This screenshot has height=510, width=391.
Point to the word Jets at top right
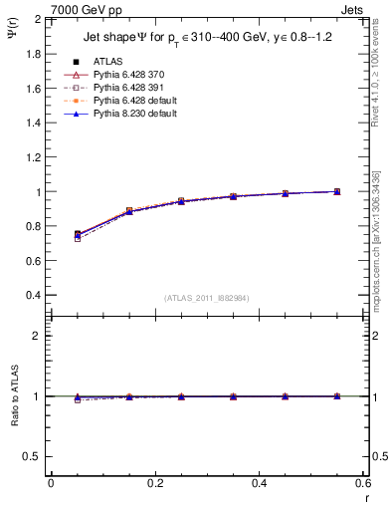point(355,8)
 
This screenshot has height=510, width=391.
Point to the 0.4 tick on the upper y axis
point(33,296)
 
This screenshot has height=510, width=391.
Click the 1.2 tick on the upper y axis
point(33,157)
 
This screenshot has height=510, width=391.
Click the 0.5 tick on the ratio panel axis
point(33,456)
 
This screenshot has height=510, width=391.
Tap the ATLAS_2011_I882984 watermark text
point(207,297)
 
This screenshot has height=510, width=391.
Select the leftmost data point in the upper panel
point(78,235)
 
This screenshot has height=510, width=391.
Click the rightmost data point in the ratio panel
point(337,396)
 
